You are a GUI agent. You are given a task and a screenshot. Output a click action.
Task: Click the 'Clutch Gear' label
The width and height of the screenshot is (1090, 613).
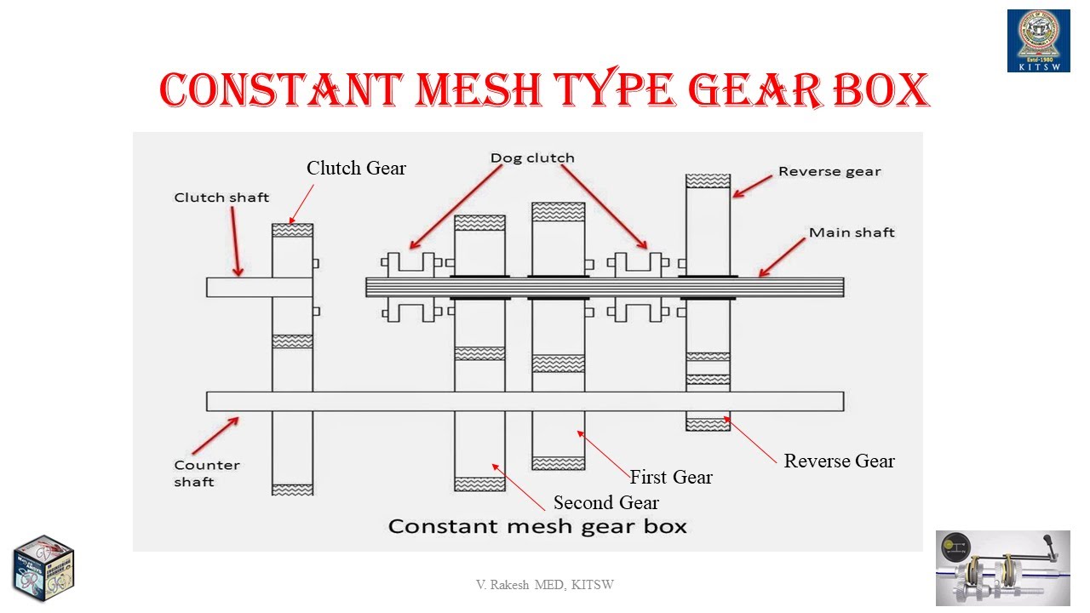point(356,169)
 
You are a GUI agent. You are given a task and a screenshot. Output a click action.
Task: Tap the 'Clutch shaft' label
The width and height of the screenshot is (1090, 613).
point(221,198)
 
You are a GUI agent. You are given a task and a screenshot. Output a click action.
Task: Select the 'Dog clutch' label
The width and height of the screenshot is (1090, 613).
point(532,158)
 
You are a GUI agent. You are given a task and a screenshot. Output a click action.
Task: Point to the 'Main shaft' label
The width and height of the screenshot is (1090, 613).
point(852,232)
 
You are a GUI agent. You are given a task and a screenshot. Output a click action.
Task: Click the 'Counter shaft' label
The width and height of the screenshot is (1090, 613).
point(206,473)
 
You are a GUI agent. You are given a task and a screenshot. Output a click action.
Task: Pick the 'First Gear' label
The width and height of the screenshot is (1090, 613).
point(671,477)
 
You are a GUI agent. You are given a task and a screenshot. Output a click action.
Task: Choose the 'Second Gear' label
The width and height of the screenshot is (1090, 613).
point(606,502)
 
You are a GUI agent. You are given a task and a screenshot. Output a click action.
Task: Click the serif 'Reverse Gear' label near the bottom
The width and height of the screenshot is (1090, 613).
point(839,461)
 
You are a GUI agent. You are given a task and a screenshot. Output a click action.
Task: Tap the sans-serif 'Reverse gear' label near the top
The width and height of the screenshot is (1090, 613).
point(829,171)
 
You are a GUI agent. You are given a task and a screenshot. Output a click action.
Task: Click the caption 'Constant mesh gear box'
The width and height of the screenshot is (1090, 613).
point(537,525)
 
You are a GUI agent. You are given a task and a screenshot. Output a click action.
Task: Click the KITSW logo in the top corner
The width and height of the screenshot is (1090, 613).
point(1038,41)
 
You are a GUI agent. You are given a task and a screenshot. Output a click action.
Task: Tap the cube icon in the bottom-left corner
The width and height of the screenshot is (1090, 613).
point(43,568)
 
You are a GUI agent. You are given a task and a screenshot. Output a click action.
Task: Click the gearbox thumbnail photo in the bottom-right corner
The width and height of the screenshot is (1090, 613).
point(1003,568)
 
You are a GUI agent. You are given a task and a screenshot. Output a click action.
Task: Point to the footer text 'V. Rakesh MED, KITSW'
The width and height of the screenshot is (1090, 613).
point(545,585)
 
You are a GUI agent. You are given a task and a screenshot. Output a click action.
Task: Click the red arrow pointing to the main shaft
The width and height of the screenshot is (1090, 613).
point(782,257)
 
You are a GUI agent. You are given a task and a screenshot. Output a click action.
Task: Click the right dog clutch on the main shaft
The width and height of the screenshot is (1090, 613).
point(639,287)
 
